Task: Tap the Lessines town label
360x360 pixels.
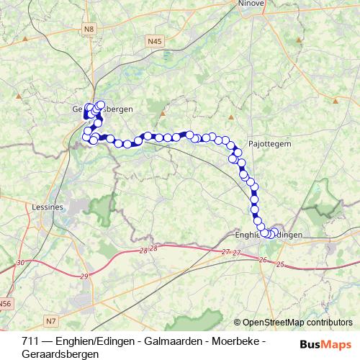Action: click(49, 207)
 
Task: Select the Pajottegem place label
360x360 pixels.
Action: click(269, 143)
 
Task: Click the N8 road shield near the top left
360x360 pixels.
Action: click(89, 29)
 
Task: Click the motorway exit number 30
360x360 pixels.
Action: click(21, 263)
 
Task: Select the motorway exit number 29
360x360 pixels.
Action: click(85, 276)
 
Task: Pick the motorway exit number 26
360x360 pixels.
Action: click(263, 259)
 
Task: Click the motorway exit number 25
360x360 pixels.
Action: click(280, 266)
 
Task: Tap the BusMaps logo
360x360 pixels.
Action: click(325, 344)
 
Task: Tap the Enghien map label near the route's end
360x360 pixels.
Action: click(248, 235)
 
